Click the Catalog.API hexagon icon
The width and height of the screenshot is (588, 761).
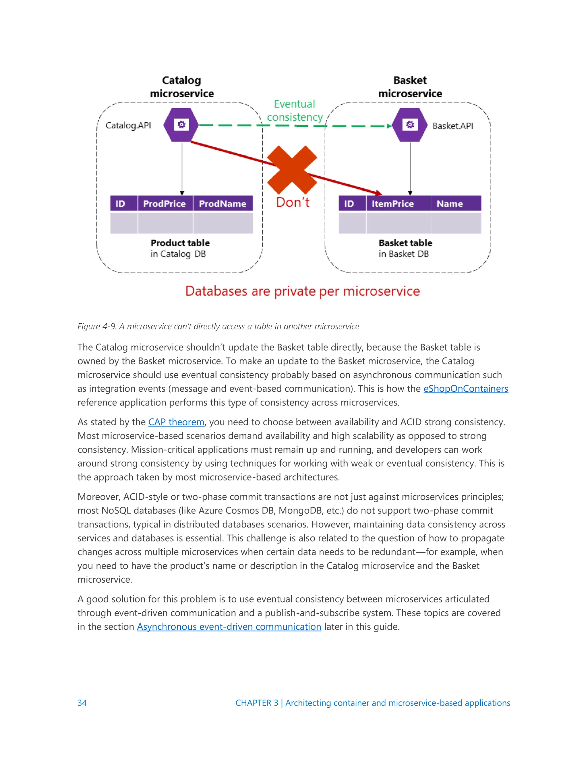[181, 125]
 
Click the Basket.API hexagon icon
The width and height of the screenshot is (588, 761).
[410, 125]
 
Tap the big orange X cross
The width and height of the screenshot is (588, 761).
[292, 170]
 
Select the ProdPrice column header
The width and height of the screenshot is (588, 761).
[165, 204]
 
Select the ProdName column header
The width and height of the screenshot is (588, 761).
[223, 204]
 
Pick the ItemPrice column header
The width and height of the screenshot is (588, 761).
[393, 204]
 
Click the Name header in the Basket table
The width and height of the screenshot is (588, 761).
[450, 204]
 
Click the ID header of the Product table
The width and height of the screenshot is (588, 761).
[121, 204]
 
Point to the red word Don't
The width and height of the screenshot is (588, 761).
[293, 202]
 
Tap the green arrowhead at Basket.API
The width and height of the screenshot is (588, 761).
[389, 126]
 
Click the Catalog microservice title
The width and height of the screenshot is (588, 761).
[181, 87]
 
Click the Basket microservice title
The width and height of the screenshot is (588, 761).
[410, 87]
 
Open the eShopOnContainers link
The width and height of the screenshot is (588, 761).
[465, 389]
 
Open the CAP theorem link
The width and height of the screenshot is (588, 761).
[176, 422]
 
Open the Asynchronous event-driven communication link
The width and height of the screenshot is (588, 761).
[229, 627]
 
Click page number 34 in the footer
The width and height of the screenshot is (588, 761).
[82, 703]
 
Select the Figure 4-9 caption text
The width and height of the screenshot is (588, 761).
[218, 327]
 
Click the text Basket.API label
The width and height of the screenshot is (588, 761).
[452, 126]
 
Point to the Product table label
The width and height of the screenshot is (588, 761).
[180, 243]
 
